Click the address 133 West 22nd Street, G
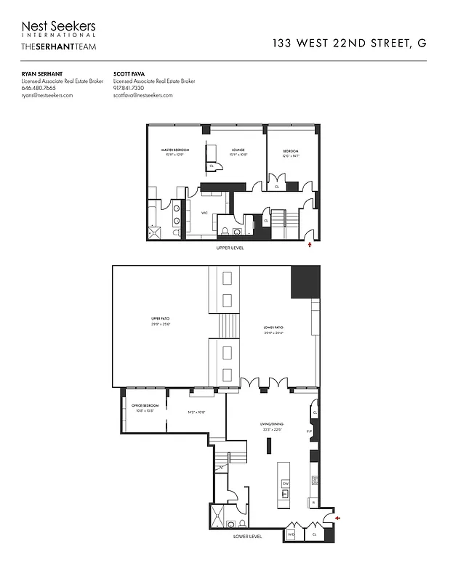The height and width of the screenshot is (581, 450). tap(349, 43)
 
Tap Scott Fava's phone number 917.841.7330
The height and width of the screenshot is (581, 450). tap(129, 88)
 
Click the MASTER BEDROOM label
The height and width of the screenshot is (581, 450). tap(175, 150)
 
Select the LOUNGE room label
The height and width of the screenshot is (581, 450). tap(238, 150)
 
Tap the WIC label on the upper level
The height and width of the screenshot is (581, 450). tap(204, 213)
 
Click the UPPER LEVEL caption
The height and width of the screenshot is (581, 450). tap(230, 248)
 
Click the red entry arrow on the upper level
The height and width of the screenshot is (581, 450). tap(310, 245)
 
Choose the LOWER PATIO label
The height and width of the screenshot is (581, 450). tap(273, 328)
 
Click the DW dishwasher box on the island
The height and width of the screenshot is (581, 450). tap(286, 483)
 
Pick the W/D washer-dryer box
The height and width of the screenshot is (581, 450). tap(291, 535)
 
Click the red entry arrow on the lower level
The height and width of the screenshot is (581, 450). tap(337, 518)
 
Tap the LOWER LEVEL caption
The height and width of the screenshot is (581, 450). tap(247, 537)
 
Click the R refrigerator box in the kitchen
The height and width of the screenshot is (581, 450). tap(313, 502)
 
